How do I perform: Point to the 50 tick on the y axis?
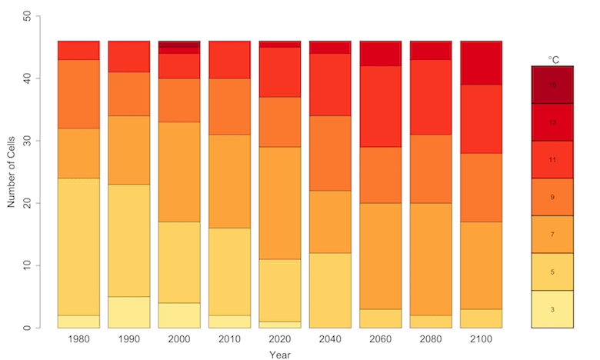point(28,16)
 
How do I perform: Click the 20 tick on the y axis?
point(28,203)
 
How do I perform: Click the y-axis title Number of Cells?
point(12,172)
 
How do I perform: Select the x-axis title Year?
point(280,355)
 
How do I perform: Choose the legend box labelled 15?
point(552,85)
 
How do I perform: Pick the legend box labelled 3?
point(552,309)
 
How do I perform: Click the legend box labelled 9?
point(552,197)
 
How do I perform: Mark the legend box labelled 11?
point(552,159)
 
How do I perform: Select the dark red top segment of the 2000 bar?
point(179,44)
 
